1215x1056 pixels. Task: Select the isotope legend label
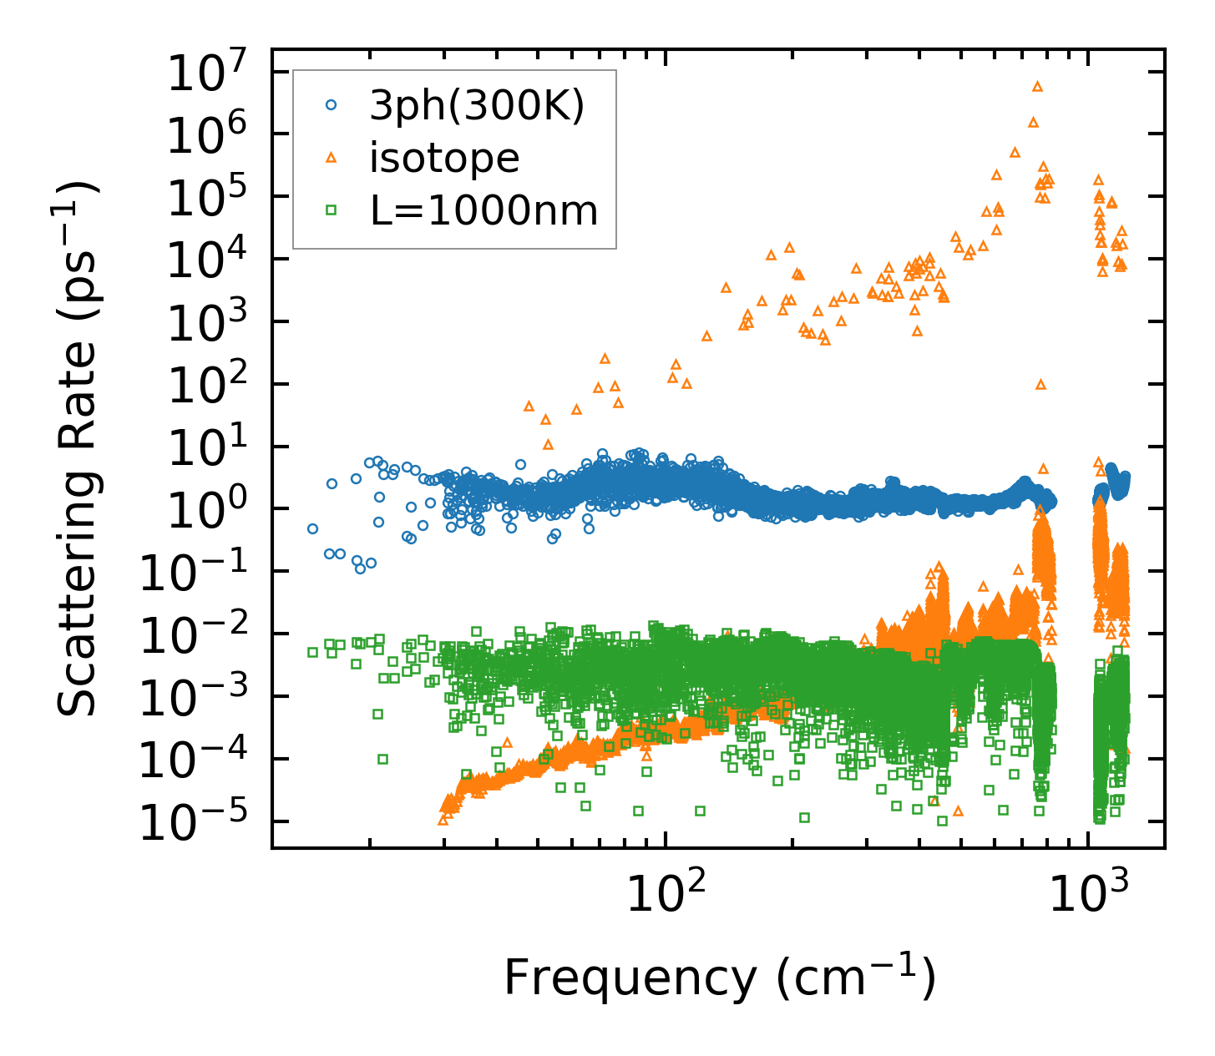point(444,158)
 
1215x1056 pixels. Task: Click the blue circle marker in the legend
point(331,106)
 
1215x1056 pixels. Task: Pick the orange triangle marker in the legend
point(331,158)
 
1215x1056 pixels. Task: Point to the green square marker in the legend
point(331,210)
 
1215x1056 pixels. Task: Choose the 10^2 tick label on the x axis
point(665,895)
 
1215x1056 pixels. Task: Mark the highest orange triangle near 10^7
point(1037,86)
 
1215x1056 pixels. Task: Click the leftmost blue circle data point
point(312,528)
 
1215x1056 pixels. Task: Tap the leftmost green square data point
point(312,652)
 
